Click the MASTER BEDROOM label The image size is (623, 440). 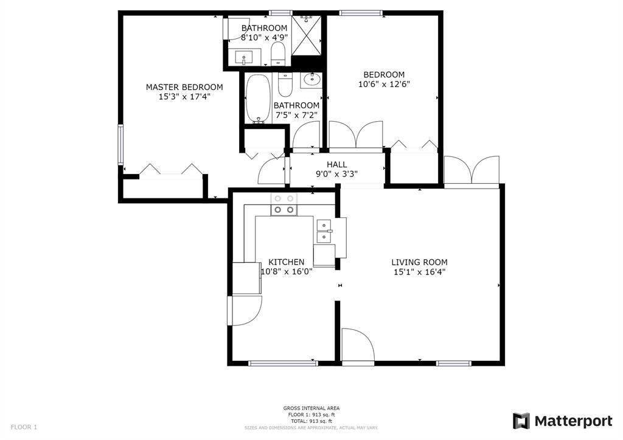click(184, 87)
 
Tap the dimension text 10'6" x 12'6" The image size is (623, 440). click(384, 84)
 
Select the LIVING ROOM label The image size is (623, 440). click(420, 262)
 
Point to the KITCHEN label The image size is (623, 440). click(287, 262)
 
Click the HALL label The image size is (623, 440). click(337, 164)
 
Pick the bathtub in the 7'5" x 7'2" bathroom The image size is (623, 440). click(258, 99)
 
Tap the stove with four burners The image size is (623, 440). click(284, 204)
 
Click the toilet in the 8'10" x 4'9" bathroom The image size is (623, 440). click(278, 54)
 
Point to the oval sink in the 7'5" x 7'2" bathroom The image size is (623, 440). click(312, 80)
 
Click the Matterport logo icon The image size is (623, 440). click(521, 421)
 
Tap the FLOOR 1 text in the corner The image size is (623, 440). click(24, 427)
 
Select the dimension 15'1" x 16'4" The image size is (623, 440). click(420, 272)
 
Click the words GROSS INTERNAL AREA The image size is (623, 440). click(311, 408)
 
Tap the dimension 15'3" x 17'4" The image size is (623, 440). click(184, 97)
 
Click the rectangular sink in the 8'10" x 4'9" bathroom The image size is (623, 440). click(243, 58)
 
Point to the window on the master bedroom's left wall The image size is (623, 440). click(120, 145)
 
